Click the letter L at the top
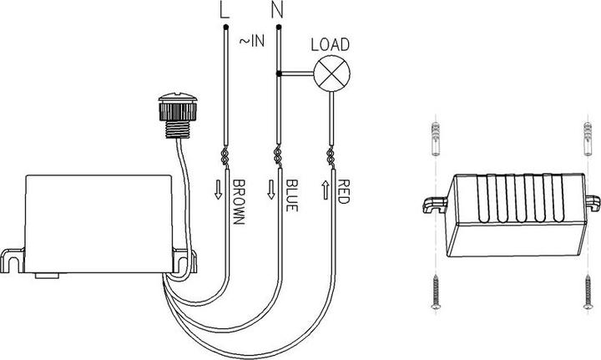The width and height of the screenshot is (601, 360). click(x=225, y=10)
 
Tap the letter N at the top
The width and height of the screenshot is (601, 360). click(x=277, y=10)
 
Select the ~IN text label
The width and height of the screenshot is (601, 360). click(x=252, y=41)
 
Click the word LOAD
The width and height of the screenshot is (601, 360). click(x=330, y=45)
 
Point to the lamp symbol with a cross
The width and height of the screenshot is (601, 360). click(x=332, y=74)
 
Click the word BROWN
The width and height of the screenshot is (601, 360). click(x=239, y=201)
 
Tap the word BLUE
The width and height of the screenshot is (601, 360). click(x=291, y=195)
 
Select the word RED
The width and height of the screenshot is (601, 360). click(x=343, y=191)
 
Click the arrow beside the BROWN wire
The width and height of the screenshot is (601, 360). click(x=218, y=190)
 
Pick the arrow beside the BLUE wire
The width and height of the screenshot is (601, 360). click(x=271, y=190)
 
